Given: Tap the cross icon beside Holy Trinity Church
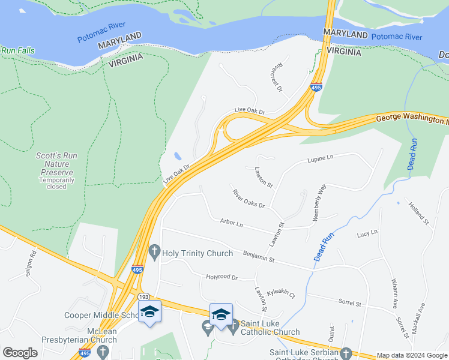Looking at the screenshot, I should point(154,253).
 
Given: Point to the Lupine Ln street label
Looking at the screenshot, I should point(320,158).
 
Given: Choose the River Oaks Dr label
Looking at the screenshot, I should point(249,199).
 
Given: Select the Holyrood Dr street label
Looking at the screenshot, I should point(222,278).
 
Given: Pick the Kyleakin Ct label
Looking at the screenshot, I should point(281,292).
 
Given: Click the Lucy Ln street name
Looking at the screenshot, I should point(366,233).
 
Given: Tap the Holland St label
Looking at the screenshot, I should point(419,214).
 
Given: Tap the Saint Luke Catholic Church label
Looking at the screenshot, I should point(270,328).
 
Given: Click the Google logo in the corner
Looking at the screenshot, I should point(20,353).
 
